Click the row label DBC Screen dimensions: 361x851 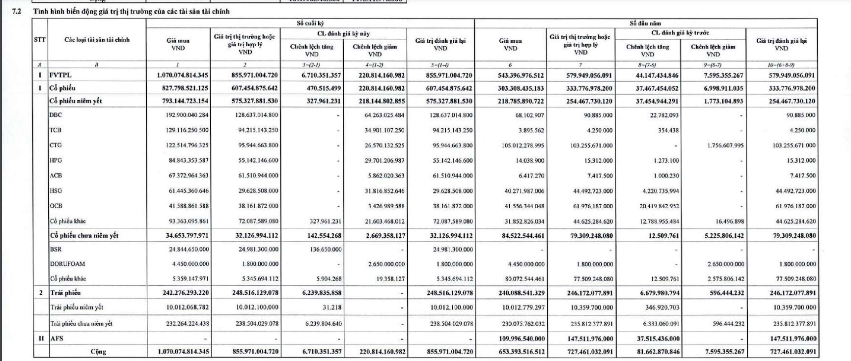click(x=55, y=115)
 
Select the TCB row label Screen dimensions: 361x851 click(x=55, y=130)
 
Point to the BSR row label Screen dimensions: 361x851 click(x=55, y=249)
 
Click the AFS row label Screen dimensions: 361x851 click(x=56, y=338)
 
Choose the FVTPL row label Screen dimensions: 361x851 click(x=60, y=75)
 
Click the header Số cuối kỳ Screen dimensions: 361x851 click(x=310, y=23)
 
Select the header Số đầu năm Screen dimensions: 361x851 click(x=645, y=23)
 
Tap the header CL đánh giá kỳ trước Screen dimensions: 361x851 click(x=680, y=33)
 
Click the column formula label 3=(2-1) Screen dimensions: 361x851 click(x=311, y=65)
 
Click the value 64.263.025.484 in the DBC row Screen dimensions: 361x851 click(x=384, y=115)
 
